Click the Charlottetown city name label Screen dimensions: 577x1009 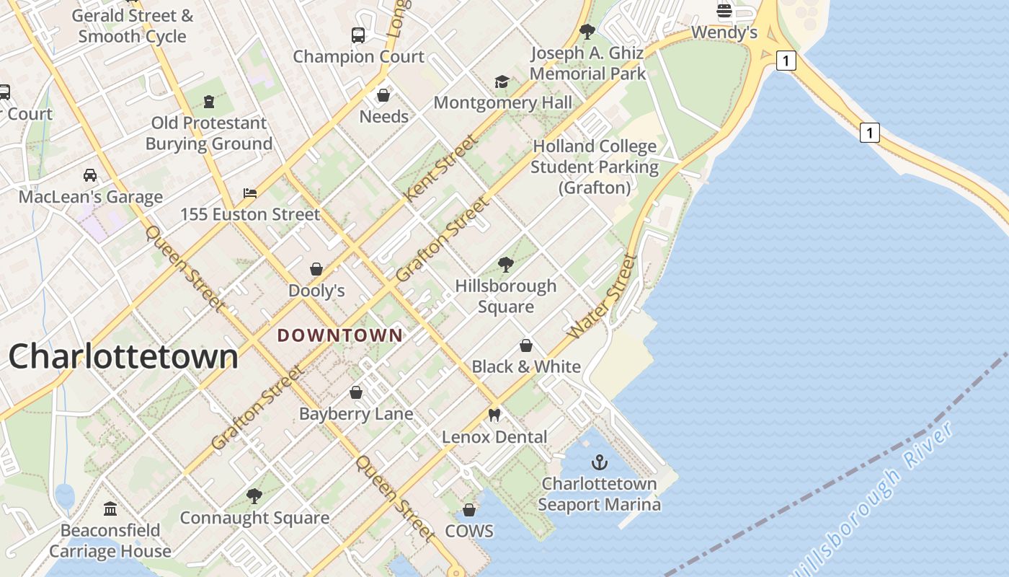coord(123,356)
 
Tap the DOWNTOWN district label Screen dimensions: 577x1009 coord(340,335)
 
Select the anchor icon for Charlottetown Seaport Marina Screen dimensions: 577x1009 coord(599,462)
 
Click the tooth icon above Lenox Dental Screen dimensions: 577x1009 coord(494,415)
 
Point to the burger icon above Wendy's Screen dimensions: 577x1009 coord(724,11)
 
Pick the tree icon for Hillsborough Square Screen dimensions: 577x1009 coord(506,265)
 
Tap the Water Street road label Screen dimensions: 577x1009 coord(603,296)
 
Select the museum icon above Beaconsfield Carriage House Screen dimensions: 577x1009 coord(110,509)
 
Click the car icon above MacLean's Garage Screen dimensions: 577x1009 coord(90,175)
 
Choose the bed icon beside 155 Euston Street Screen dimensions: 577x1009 coord(250,193)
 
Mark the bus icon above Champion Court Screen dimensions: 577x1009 coord(358,35)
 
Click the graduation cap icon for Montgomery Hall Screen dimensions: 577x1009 coord(502,82)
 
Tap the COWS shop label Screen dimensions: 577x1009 coord(469,532)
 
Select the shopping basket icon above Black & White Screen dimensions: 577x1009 coord(526,345)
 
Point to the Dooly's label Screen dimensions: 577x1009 coord(316,291)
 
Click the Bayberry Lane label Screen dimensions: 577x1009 coord(356,414)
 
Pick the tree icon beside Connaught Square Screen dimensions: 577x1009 coord(254,496)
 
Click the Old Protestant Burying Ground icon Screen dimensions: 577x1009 coord(209,101)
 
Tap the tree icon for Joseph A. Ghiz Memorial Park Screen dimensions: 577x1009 coord(587,31)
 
